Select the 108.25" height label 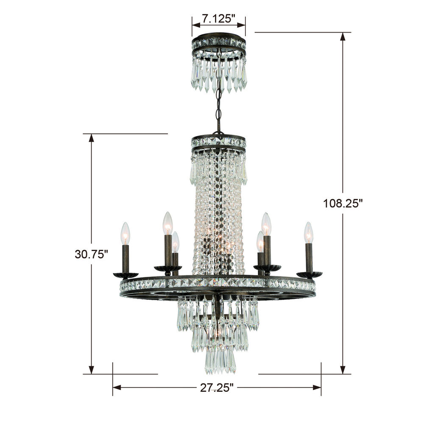pos(343,204)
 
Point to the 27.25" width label pos(217,388)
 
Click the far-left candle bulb pos(126,233)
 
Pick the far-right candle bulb pos(309,233)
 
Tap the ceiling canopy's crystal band pos(219,42)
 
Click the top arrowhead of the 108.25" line pos(343,36)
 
